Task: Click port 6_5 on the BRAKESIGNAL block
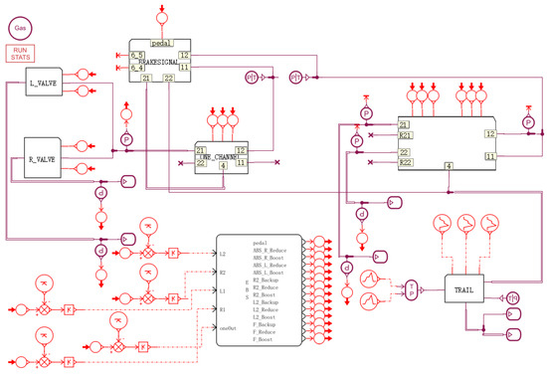[137, 55]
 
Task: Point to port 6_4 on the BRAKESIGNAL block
[137, 66]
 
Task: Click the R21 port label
[405, 134]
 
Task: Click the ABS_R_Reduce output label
[272, 250]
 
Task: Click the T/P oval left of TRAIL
[412, 289]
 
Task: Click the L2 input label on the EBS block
[223, 255]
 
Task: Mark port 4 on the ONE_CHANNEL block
[222, 165]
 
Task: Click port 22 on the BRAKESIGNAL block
[168, 78]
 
